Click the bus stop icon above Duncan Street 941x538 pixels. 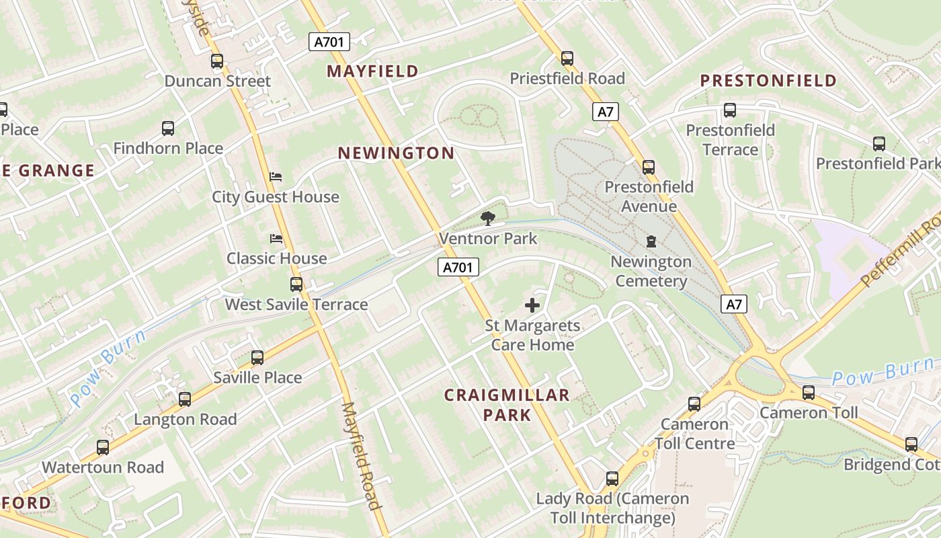[x=216, y=61]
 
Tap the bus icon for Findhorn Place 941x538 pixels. [x=168, y=128]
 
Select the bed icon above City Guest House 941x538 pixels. [x=276, y=177]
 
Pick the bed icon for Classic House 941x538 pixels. [x=276, y=239]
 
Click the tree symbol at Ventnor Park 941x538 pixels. [x=488, y=218]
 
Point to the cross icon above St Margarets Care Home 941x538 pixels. [x=532, y=305]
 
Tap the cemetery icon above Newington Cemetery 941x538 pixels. [x=651, y=241]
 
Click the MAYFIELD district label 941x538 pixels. [x=372, y=71]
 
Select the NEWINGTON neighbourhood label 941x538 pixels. [x=396, y=153]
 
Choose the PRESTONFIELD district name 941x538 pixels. [x=768, y=81]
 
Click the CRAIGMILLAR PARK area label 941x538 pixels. [x=507, y=405]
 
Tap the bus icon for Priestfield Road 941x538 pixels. [x=567, y=59]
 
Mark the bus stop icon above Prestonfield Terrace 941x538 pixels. [x=730, y=110]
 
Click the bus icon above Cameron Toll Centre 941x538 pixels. [x=694, y=404]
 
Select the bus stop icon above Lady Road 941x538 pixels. [x=612, y=479]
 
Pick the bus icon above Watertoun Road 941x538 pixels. [x=103, y=447]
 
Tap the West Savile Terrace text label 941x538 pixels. [x=296, y=305]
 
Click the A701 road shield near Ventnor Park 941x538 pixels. [x=459, y=268]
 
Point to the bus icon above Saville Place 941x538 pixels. [x=257, y=358]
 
